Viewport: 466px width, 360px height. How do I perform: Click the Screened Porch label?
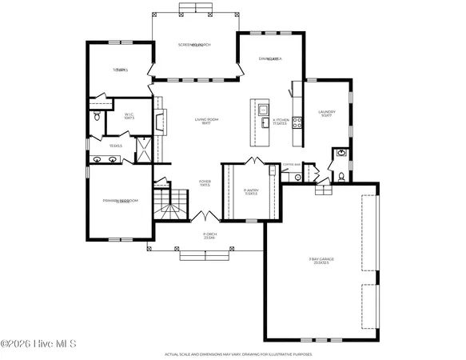193,45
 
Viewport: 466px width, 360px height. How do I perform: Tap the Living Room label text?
206,121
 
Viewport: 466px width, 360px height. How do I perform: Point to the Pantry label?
250,191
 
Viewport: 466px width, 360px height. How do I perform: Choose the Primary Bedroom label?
117,201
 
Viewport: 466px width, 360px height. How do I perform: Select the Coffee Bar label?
291,165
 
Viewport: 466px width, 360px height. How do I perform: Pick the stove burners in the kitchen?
297,122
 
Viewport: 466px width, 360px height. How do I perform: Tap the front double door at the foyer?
205,217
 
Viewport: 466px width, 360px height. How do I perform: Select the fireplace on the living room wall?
159,122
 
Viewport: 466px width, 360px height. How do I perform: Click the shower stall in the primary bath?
143,150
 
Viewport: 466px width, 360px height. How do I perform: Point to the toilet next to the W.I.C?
97,117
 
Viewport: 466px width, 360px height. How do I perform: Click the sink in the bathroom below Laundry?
341,152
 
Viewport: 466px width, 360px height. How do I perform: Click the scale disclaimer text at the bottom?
232,353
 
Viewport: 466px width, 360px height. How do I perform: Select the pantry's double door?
254,162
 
